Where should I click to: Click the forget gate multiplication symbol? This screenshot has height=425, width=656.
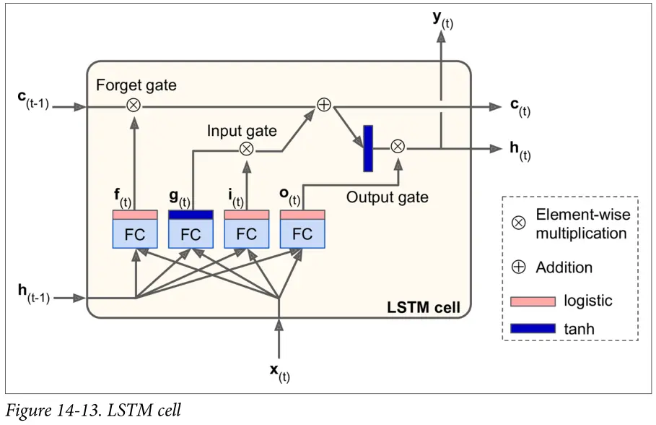click(134, 106)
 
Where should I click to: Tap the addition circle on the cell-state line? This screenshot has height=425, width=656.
click(324, 106)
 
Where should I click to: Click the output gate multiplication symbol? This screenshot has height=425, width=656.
click(397, 147)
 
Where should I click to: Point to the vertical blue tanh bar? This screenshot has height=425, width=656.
click(368, 148)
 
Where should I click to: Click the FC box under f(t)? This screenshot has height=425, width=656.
click(134, 233)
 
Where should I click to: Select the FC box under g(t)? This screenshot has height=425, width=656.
click(191, 233)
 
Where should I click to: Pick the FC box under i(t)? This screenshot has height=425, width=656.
click(246, 233)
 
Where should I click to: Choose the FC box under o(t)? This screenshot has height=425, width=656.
click(302, 233)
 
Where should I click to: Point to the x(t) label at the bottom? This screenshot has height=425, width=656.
click(279, 372)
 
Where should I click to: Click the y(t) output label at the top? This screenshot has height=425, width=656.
click(442, 19)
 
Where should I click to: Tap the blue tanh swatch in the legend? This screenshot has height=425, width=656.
click(533, 329)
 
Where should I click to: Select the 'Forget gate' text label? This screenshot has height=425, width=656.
click(136, 85)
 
